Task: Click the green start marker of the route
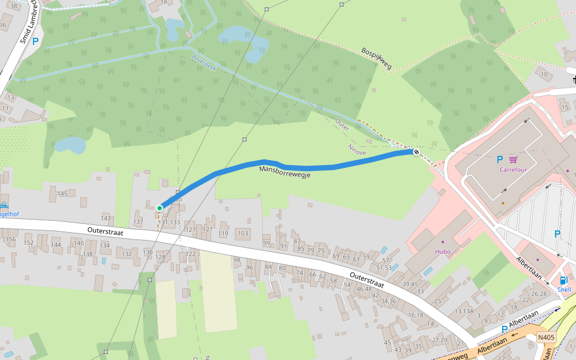click(160, 208)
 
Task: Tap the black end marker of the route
click(416, 152)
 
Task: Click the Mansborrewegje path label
click(284, 172)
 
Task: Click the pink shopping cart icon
click(514, 160)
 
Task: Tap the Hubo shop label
click(442, 251)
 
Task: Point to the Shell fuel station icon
click(563, 280)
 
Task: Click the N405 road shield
click(546, 337)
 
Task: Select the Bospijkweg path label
click(376, 59)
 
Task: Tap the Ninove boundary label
click(357, 150)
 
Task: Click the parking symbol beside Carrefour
click(499, 160)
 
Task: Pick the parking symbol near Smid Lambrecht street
click(35, 41)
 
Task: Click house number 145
click(62, 193)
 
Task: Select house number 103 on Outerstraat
click(243, 233)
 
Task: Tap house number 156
click(11, 239)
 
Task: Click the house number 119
click(223, 233)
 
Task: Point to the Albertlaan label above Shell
click(529, 268)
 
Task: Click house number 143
click(106, 217)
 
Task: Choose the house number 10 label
click(544, 74)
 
